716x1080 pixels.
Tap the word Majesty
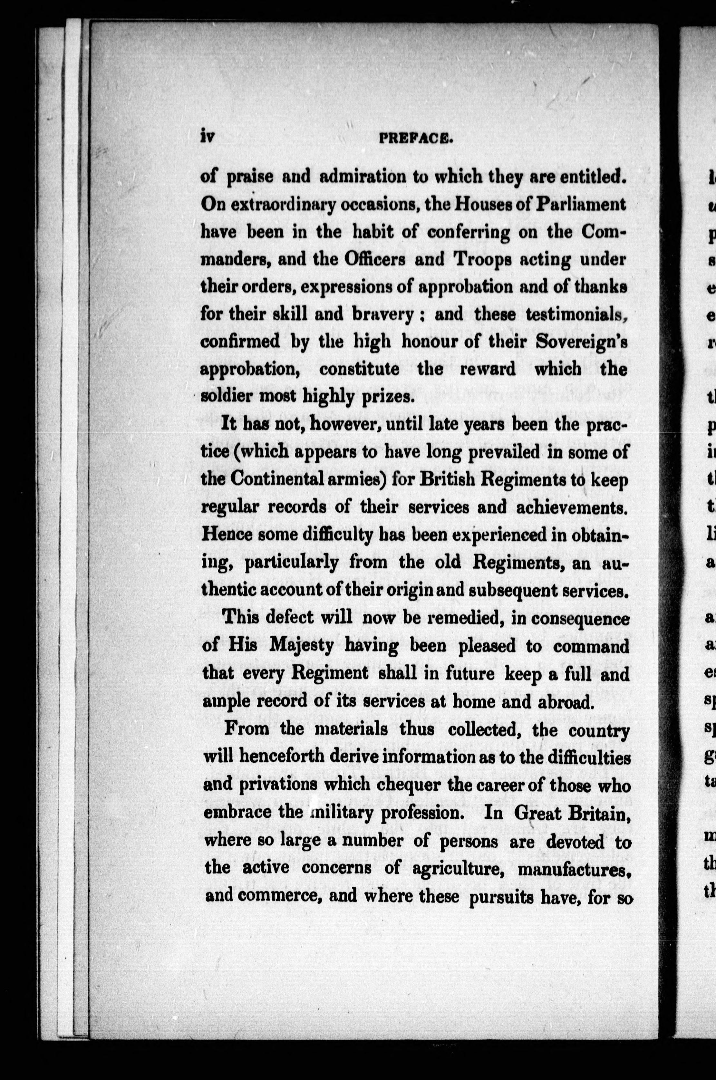point(301,646)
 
